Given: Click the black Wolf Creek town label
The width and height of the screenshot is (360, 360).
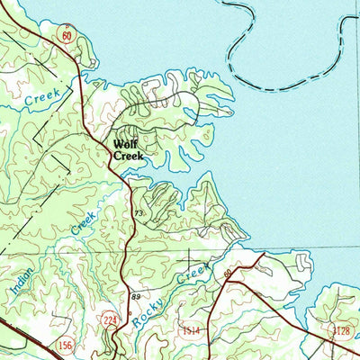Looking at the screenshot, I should pos(127,149).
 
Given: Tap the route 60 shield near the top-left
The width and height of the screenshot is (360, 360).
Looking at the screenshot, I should pos(67,34).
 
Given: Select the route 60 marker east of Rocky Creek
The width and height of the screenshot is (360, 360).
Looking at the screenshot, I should pos(229,273).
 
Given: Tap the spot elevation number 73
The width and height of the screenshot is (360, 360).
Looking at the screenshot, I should pos(139,213).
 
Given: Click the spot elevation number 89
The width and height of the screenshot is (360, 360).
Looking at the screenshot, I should pos(135,296).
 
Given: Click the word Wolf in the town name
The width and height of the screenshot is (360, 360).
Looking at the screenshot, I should pos(125,143).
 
